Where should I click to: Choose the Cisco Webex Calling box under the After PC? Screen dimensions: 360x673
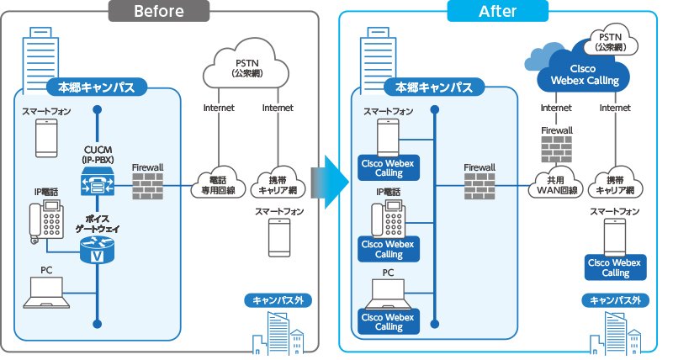pos(389,321)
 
